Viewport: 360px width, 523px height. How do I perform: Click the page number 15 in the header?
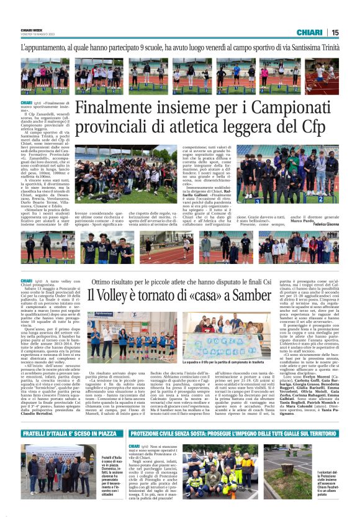coord(335,32)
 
